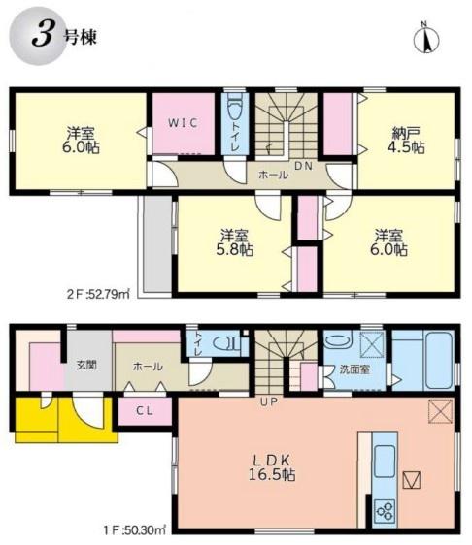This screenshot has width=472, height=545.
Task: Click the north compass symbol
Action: [425, 39]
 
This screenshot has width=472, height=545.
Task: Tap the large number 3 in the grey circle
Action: [43, 36]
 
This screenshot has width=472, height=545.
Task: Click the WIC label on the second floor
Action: [184, 123]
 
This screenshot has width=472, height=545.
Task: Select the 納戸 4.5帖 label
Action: [406, 140]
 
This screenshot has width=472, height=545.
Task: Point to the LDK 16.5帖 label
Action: [272, 467]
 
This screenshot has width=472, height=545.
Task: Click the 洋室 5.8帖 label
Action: [235, 242]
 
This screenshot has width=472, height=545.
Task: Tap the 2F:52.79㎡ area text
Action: [98, 295]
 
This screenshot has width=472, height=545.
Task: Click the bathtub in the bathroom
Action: [439, 360]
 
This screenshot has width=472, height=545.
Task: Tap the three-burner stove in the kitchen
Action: [385, 509]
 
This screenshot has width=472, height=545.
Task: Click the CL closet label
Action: [145, 411]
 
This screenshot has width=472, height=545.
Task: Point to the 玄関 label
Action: [86, 366]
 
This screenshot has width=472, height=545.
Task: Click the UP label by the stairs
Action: [269, 402]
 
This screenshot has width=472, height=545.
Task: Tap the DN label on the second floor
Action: [304, 166]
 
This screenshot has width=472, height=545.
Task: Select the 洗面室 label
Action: [354, 369]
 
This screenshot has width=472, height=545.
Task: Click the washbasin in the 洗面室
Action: [338, 338]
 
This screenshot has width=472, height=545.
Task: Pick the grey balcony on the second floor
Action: [157, 244]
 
